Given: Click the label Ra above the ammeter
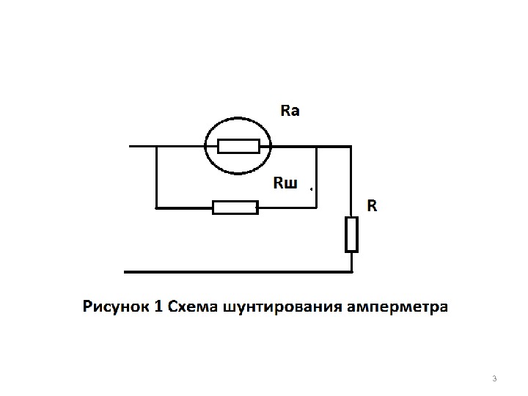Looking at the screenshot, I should (x=290, y=111).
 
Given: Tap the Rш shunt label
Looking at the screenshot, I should (x=285, y=183).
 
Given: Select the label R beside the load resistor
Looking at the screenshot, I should (x=372, y=206).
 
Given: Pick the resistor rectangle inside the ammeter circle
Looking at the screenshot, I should (x=238, y=146).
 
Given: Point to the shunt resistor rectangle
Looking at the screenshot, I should (x=235, y=208).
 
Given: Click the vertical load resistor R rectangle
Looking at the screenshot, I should (x=352, y=234).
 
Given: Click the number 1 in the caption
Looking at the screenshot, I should (x=158, y=306).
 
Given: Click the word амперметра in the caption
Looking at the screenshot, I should (x=398, y=307).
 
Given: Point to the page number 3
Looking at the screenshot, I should (x=494, y=378).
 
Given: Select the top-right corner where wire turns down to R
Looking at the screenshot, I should (x=351, y=147).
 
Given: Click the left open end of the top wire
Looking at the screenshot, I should (x=131, y=147).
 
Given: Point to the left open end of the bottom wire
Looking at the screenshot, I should (x=125, y=272).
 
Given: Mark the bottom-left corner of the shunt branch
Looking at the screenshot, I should (x=157, y=208).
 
